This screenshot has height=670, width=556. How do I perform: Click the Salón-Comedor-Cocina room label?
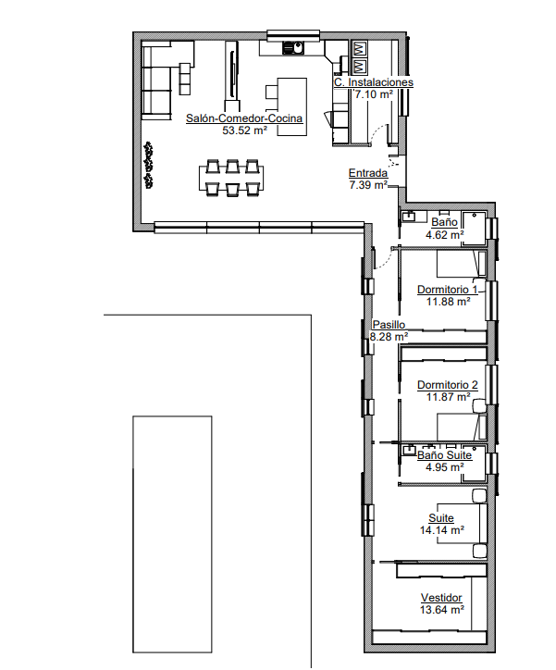(244, 118)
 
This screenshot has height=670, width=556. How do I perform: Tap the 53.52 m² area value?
(244, 130)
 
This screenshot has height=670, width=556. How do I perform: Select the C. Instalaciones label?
(374, 82)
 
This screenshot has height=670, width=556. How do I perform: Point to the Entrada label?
(368, 173)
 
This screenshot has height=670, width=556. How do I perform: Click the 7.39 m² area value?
(368, 185)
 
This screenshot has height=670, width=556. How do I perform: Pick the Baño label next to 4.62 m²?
(445, 222)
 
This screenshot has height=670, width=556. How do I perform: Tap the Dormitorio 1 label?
(448, 290)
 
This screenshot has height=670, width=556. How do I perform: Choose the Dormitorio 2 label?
(448, 385)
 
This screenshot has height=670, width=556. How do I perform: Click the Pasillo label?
(389, 325)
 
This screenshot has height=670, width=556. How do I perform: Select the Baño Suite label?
(445, 455)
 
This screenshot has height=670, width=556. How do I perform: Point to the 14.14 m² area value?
(442, 530)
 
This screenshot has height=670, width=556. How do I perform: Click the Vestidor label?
(441, 598)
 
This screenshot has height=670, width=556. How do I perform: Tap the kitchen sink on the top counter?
(293, 47)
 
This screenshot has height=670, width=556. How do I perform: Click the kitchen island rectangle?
(292, 106)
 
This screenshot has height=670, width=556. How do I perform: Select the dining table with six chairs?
(231, 178)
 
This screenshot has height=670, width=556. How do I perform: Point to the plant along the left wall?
(149, 166)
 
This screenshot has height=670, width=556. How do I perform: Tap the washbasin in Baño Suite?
(410, 450)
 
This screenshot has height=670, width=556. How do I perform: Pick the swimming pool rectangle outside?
(172, 534)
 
